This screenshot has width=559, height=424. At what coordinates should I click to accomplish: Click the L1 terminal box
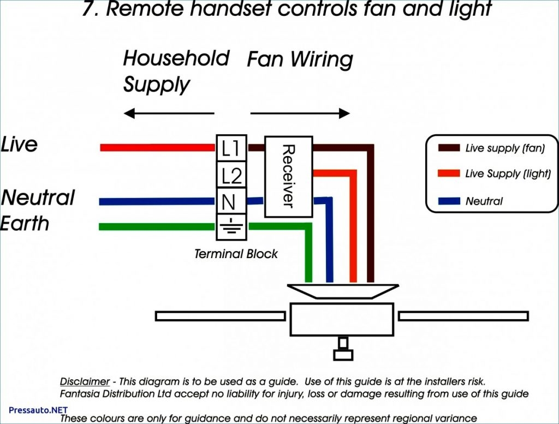231,148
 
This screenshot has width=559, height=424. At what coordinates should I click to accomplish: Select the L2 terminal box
231,175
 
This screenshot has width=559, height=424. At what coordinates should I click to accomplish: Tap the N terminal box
229,202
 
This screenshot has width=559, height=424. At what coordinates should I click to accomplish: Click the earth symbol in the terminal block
231,227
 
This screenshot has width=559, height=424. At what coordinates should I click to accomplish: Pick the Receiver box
288,176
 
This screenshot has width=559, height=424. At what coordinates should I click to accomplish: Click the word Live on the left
19,145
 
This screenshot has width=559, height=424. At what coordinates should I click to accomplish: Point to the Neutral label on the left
38,198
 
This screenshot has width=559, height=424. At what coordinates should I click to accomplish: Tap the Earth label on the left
25,223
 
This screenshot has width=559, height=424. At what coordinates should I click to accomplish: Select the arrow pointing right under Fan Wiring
300,114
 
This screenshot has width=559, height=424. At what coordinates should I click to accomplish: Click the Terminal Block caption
236,254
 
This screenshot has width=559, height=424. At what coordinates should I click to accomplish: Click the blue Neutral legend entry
483,201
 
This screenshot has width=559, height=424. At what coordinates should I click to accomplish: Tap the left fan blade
220,316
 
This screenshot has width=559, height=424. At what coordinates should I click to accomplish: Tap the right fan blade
463,316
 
